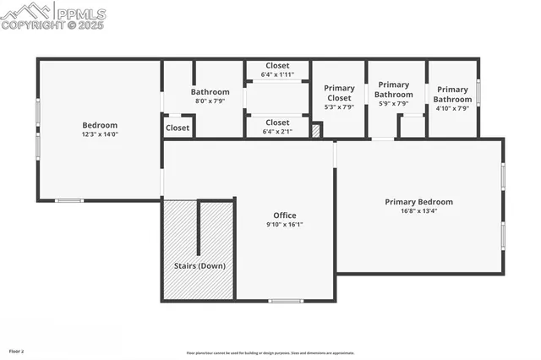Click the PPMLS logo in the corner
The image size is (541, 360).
click(54, 14)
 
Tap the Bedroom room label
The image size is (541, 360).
click(100, 125)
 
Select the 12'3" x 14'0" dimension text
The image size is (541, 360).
click(100, 134)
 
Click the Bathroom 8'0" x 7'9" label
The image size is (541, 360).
click(210, 96)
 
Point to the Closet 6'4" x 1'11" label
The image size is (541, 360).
click(276, 70)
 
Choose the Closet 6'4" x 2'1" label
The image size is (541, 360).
click(276, 127)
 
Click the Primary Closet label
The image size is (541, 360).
click(339, 97)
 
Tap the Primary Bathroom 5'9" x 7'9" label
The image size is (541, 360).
click(395, 94)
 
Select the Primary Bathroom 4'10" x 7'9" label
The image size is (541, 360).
click(452, 99)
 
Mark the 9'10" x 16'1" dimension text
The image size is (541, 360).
click(285, 225)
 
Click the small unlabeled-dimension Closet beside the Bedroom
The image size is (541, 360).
click(178, 128)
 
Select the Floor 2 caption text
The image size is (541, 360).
click(17, 350)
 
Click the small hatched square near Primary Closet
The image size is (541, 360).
click(317, 130)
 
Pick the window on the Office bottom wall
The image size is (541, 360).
click(286, 301)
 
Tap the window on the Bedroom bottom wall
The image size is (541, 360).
click(69, 200)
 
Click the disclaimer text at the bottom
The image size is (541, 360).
click(270, 353)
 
